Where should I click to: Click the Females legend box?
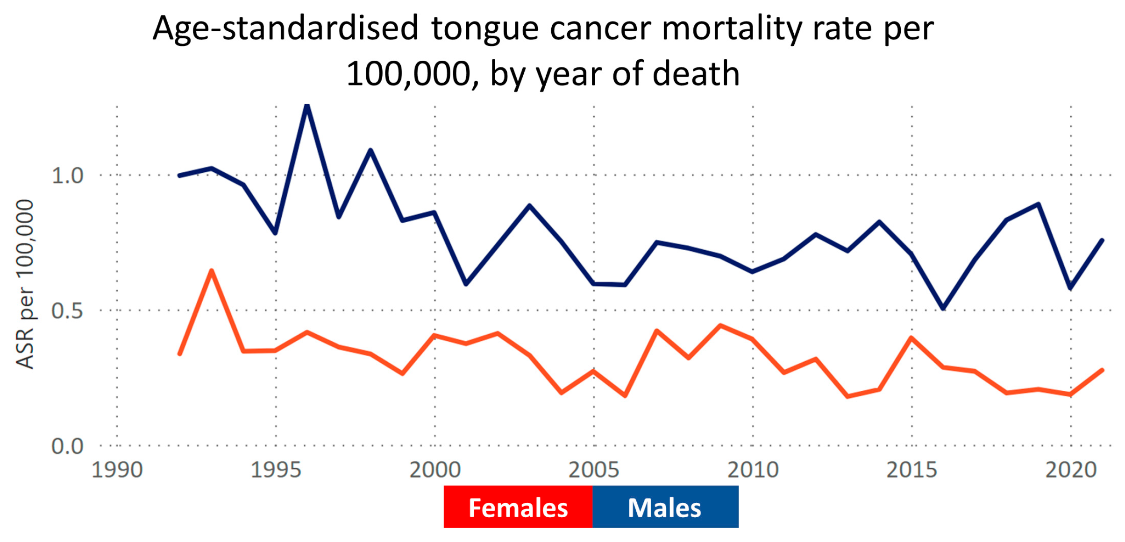pyautogui.click(x=518, y=507)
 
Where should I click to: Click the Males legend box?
pyautogui.click(x=665, y=507)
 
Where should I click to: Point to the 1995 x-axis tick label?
pyautogui.click(x=276, y=470)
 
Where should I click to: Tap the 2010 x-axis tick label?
pyautogui.click(x=753, y=470)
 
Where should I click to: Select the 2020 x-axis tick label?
pyautogui.click(x=1070, y=470)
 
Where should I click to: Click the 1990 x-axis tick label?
pyautogui.click(x=117, y=470)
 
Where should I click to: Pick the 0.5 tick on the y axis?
pyautogui.click(x=67, y=311)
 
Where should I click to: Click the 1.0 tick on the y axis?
pyautogui.click(x=67, y=176)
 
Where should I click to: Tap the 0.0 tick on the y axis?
pyautogui.click(x=67, y=446)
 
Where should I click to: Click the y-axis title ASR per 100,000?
pyautogui.click(x=25, y=285)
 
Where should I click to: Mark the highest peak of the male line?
pyautogui.click(x=307, y=106)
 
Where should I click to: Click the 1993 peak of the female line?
pyautogui.click(x=212, y=271)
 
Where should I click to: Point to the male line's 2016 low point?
pyautogui.click(x=943, y=308)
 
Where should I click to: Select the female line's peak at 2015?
pyautogui.click(x=911, y=338)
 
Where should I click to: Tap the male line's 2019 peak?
pyautogui.click(x=1038, y=204)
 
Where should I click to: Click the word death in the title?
pyautogui.click(x=696, y=74)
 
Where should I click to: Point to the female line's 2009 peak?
pyautogui.click(x=721, y=325)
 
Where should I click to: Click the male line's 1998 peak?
pyautogui.click(x=370, y=150)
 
